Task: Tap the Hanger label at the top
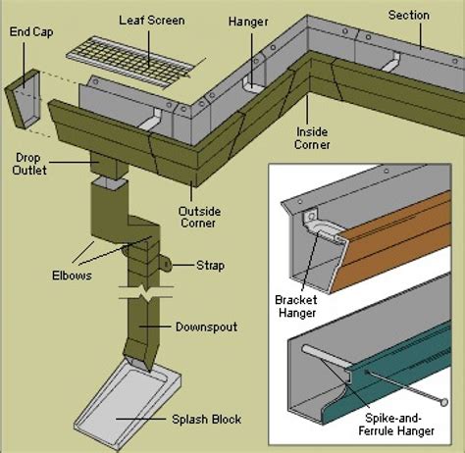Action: pyautogui.click(x=248, y=20)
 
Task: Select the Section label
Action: pyautogui.click(x=409, y=15)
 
